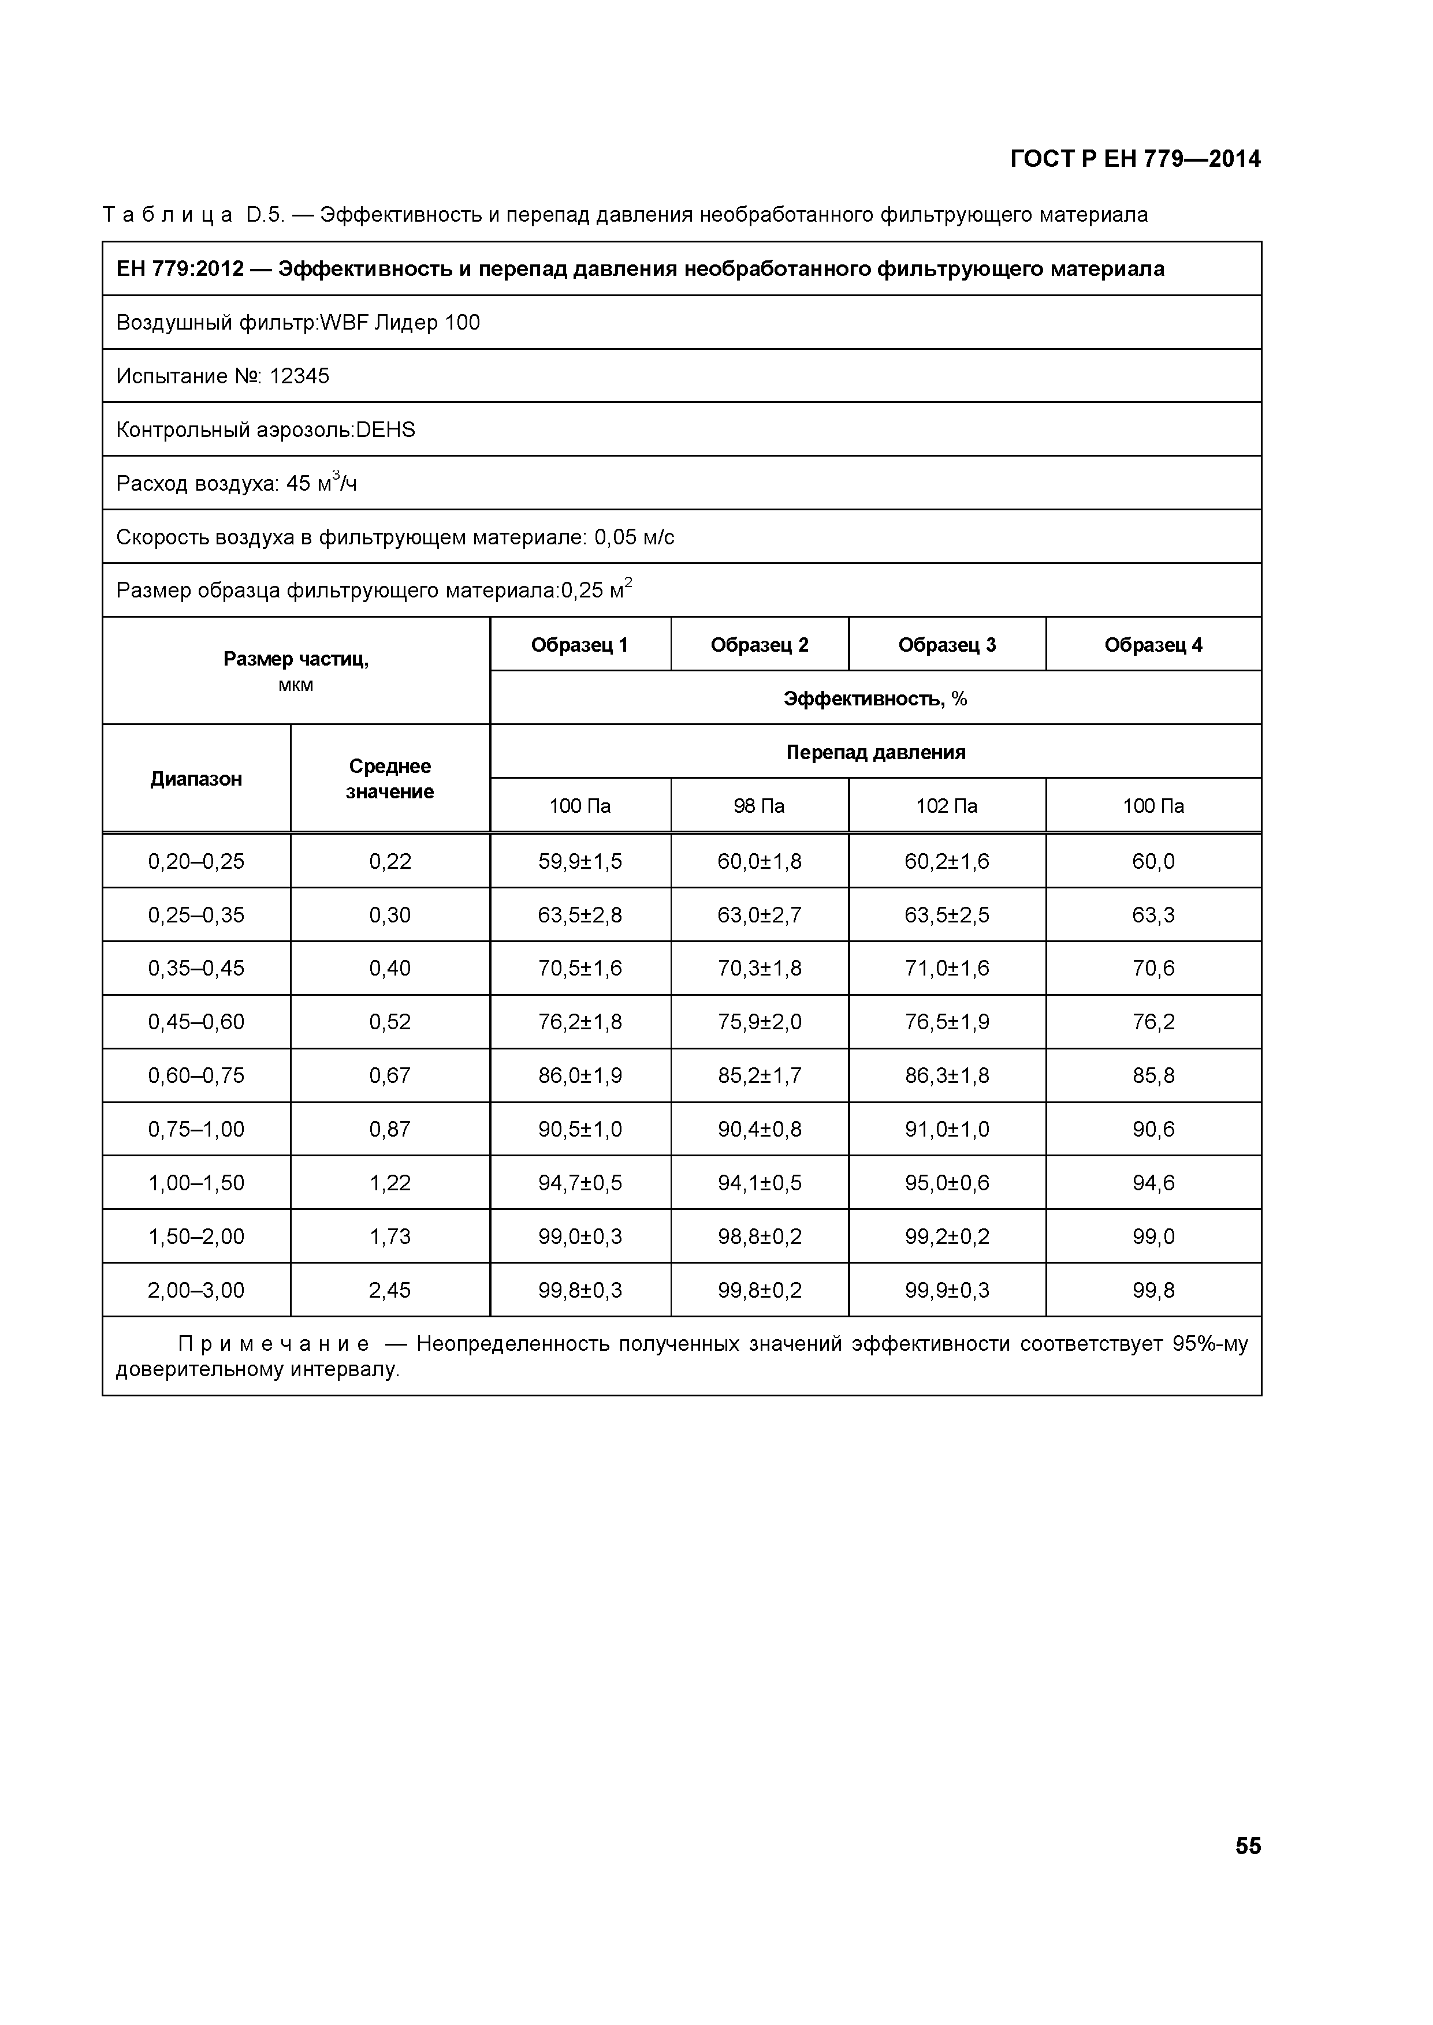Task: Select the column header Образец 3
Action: (947, 645)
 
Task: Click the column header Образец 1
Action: (580, 645)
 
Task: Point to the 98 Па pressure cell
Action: (759, 806)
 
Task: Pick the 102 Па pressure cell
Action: (947, 806)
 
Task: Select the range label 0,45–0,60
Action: (196, 1022)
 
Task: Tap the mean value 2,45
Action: (390, 1290)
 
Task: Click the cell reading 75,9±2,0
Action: (759, 1022)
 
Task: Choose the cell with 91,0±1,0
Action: (947, 1130)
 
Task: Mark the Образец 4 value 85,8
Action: (1153, 1076)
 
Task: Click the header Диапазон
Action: (196, 779)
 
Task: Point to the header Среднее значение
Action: (390, 779)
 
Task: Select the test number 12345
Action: (299, 376)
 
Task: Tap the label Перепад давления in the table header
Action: (875, 752)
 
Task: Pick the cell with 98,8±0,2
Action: (759, 1236)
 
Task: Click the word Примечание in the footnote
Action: (274, 1344)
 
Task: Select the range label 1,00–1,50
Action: (196, 1183)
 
